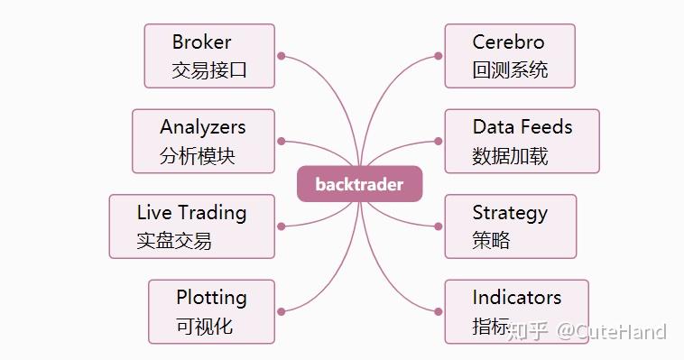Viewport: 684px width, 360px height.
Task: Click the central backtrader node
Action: [359, 184]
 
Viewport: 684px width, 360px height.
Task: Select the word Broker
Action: [201, 42]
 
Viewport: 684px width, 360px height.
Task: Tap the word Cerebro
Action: [508, 42]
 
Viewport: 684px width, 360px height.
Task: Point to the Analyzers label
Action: [202, 127]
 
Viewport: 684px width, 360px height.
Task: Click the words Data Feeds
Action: [522, 127]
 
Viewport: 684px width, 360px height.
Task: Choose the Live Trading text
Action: [191, 213]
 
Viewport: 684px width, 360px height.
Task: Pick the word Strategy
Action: [509, 213]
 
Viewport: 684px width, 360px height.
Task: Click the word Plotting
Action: [211, 297]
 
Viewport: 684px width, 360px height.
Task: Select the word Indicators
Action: [516, 297]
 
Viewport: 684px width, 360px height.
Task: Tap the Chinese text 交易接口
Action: [209, 69]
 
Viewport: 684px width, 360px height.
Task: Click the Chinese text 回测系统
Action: [510, 69]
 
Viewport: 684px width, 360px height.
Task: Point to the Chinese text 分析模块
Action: [198, 155]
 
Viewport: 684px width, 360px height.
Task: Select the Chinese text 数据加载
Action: [510, 155]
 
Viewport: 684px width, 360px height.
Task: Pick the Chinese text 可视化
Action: [205, 326]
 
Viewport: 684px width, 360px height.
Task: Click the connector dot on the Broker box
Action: [282, 56]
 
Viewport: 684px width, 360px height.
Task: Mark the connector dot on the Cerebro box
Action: [439, 56]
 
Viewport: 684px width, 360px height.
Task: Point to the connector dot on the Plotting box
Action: [282, 311]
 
